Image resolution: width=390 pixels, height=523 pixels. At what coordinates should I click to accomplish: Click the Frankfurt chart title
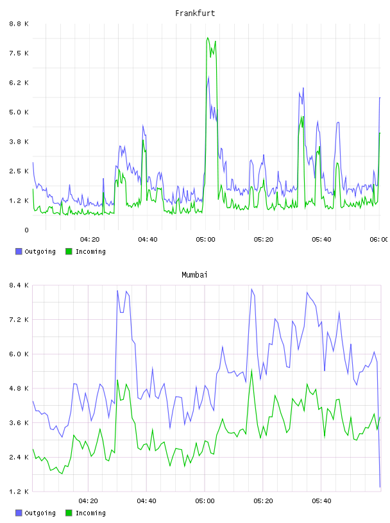pos(195,13)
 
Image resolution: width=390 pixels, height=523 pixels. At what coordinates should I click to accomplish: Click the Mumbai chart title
pos(194,275)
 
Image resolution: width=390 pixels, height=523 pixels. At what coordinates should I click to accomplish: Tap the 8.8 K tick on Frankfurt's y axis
pos(19,24)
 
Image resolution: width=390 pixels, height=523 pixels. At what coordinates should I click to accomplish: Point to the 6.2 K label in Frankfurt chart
pos(19,83)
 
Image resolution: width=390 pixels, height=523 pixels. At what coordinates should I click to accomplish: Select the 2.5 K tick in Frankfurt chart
pos(19,171)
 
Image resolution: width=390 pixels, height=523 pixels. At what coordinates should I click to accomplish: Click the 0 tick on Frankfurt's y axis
pos(26,230)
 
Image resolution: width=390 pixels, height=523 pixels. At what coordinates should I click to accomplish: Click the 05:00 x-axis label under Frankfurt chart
pos(206,240)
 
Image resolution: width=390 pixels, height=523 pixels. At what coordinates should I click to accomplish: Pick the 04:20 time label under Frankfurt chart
pos(90,240)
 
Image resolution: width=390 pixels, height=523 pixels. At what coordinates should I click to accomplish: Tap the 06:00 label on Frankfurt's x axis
pos(379,240)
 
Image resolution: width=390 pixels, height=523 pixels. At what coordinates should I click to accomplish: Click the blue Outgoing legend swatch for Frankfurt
pos(19,251)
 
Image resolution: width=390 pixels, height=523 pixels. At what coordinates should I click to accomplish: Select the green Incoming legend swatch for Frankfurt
pos(69,251)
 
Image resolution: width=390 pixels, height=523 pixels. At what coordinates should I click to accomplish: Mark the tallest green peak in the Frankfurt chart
pos(208,38)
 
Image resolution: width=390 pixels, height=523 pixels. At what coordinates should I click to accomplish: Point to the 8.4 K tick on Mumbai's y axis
pos(19,285)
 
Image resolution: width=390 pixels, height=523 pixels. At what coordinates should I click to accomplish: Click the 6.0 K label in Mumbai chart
pos(19,354)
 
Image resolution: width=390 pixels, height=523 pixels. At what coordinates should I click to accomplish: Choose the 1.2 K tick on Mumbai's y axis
pos(19,492)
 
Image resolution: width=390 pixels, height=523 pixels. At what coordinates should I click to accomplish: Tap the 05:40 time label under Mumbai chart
pos(321,501)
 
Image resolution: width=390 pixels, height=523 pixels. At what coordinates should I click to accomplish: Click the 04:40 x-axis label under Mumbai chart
pos(147,501)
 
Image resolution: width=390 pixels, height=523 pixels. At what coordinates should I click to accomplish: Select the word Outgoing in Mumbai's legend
pos(40,513)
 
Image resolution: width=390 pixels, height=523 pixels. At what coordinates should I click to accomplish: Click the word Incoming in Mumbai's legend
pos(90,513)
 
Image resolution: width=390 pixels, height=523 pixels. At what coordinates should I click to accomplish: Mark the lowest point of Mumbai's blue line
pos(380,487)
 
